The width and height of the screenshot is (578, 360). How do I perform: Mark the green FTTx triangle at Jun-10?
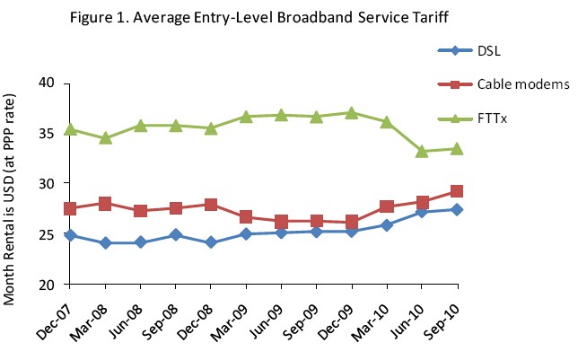(423, 151)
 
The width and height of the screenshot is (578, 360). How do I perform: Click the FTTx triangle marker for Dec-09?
(352, 112)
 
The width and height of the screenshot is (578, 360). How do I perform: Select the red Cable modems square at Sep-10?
(458, 191)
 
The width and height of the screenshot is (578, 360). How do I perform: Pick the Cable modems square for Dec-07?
(70, 208)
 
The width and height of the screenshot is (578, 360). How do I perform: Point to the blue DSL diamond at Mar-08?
(105, 242)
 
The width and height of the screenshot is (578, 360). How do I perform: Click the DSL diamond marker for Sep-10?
(458, 209)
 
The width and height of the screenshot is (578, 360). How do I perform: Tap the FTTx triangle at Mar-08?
(105, 138)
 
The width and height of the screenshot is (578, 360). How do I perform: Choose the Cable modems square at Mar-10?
(387, 206)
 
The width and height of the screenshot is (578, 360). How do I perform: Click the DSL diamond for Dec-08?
(211, 242)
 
